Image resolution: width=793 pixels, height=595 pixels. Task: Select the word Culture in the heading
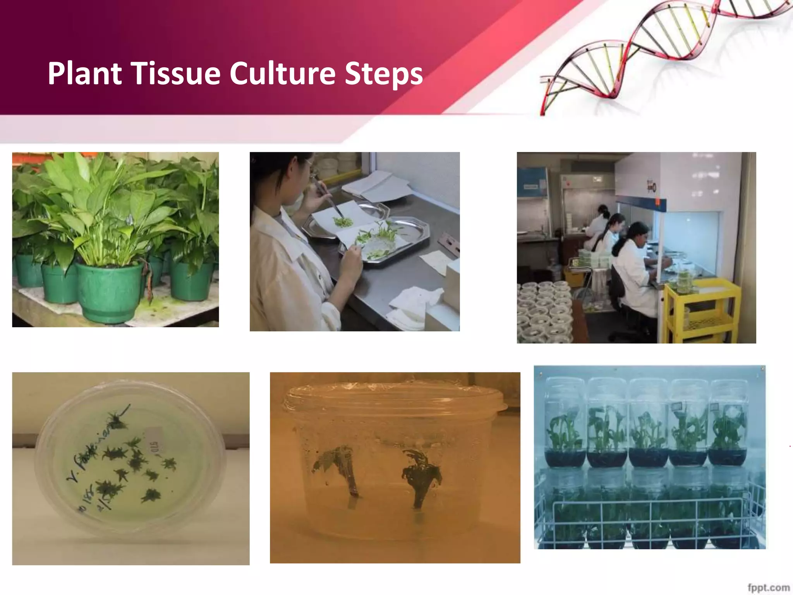click(x=282, y=73)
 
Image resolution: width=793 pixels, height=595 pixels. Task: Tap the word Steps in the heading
click(x=383, y=73)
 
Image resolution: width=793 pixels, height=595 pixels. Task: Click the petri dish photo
click(x=130, y=468)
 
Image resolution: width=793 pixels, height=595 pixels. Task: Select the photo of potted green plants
click(x=115, y=239)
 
